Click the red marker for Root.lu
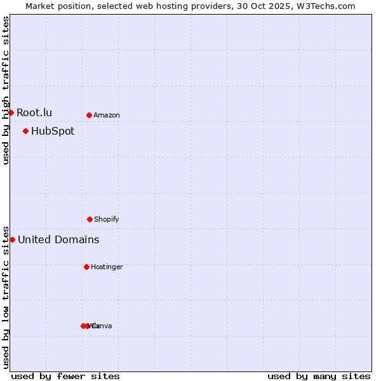(x=11, y=112)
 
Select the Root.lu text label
(x=34, y=113)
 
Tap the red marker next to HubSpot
(x=25, y=131)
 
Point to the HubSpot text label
(x=53, y=131)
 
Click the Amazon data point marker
(x=89, y=115)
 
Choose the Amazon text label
(x=107, y=116)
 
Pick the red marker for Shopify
(x=90, y=219)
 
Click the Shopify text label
(x=107, y=220)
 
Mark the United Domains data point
(x=12, y=239)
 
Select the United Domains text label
(x=58, y=240)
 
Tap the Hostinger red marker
(x=86, y=267)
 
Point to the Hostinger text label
(x=107, y=267)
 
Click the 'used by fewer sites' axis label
(x=65, y=376)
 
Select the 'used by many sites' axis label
(x=319, y=376)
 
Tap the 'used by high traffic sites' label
(x=6, y=90)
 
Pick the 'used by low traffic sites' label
(x=6, y=297)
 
